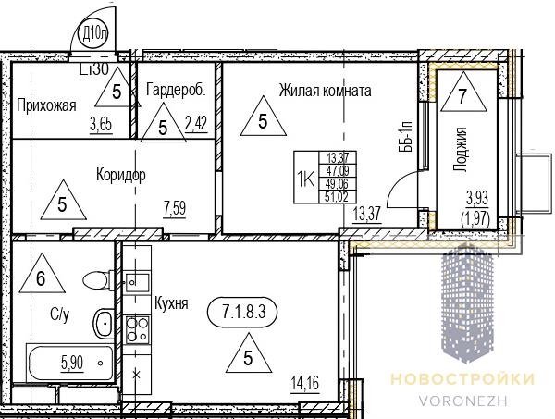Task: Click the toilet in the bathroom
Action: point(97,280)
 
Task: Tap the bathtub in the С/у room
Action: point(69,363)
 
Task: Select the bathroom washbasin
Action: point(104,324)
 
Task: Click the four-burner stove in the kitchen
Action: point(137,329)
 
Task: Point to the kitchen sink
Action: point(137,282)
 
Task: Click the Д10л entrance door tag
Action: point(93,34)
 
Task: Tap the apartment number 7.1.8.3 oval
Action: point(244,312)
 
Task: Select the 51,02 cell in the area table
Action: point(337,196)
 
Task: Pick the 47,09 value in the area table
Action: point(338,171)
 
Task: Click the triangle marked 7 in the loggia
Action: point(463,92)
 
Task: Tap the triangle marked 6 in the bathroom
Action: point(42,273)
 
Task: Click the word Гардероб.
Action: point(176,89)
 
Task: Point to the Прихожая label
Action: point(46,105)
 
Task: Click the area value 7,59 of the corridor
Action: point(175,208)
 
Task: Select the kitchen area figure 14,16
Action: point(305,383)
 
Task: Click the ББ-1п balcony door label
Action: point(407,136)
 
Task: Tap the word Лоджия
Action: point(461,150)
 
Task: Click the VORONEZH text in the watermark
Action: point(463,401)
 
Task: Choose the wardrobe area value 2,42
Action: point(196,124)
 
